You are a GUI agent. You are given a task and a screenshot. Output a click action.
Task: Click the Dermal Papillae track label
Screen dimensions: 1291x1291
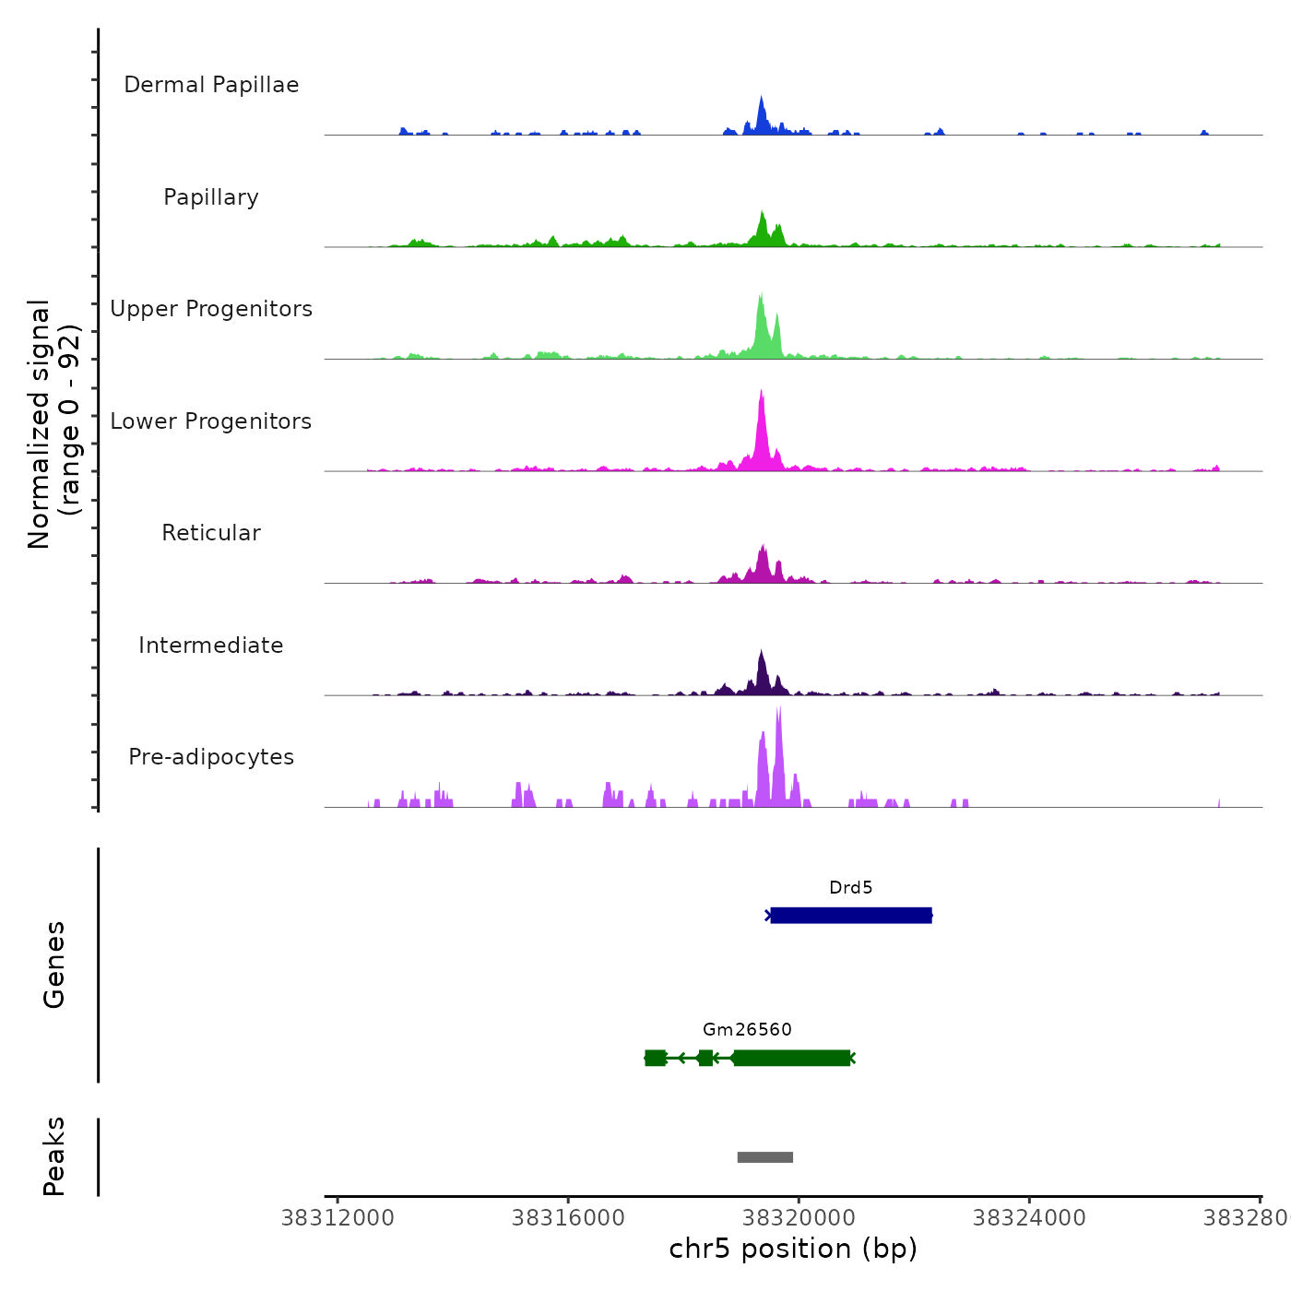point(211,85)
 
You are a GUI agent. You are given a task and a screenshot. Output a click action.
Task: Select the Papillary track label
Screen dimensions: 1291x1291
point(211,197)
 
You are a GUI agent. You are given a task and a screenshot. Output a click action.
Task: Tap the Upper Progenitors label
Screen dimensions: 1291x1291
point(211,309)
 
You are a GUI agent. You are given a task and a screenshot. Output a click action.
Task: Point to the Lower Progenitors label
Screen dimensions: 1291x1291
point(211,421)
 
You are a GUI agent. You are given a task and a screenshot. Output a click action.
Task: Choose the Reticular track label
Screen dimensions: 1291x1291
point(211,533)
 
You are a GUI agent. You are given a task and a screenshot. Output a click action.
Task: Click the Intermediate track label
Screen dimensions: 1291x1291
point(211,645)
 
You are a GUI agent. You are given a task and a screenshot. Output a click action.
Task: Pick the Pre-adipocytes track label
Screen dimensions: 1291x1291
point(211,757)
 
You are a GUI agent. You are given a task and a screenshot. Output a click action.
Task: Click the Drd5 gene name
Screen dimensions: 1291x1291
point(850,888)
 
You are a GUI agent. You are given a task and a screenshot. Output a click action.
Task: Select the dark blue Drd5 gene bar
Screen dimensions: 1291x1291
point(851,916)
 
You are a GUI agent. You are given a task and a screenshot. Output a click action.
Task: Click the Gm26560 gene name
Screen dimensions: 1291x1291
point(747,1030)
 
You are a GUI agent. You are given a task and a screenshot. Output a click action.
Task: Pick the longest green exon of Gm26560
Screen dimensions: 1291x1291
point(792,1058)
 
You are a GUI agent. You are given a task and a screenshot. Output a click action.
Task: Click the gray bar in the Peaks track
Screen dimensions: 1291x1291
point(765,1157)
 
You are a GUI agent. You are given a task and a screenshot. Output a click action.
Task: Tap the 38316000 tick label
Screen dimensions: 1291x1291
point(568,1218)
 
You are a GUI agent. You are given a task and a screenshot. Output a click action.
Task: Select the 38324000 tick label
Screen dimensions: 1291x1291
point(1029,1218)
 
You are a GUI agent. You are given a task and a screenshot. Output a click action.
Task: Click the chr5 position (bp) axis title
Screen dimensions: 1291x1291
point(793,1249)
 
